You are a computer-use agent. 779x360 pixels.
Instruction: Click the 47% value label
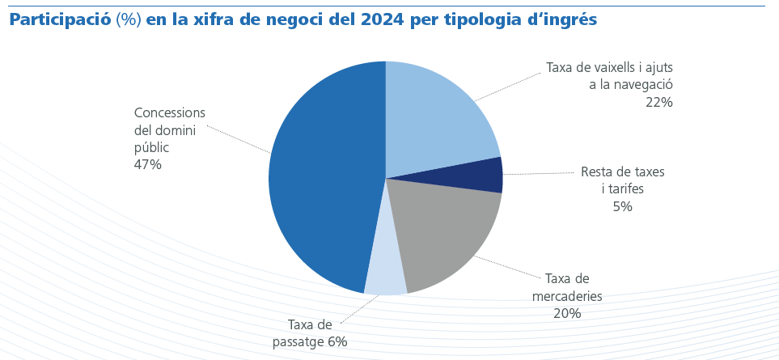pos(148,164)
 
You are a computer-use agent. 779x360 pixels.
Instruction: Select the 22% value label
pos(658,102)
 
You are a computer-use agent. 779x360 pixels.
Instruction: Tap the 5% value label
pos(622,206)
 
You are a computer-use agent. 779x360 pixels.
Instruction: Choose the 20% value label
pos(567,313)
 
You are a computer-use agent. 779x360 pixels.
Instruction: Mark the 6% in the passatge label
pos(337,341)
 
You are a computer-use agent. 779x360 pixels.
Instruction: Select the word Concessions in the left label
pos(170,112)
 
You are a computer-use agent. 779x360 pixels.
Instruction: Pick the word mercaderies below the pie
pos(567,295)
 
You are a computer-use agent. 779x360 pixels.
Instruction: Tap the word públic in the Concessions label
pos(151,147)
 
